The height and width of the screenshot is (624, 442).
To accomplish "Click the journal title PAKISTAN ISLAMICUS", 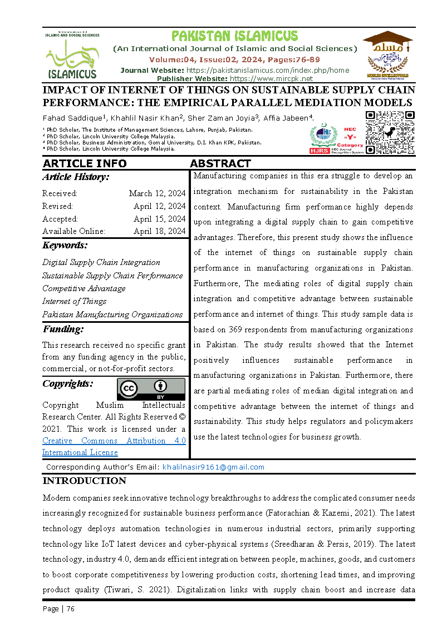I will [x=234, y=36].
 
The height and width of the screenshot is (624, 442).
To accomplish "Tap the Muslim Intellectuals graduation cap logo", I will [x=387, y=54].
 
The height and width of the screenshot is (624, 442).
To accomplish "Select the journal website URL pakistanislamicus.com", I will [x=267, y=70].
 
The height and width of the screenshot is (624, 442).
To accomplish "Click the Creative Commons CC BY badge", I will [x=151, y=389].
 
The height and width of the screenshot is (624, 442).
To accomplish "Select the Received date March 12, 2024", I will [x=157, y=193].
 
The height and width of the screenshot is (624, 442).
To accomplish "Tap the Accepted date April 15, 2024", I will [x=159, y=219].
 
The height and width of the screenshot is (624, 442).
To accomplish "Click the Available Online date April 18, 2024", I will [x=159, y=231].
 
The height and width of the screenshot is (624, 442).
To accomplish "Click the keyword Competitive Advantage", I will [x=84, y=288].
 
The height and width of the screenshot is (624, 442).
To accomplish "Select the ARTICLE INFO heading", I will [x=85, y=163].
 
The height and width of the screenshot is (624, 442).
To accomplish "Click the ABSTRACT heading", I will [x=220, y=163].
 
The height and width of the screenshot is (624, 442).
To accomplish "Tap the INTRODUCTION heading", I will [x=85, y=481].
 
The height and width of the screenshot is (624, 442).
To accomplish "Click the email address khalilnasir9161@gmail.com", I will [x=213, y=467].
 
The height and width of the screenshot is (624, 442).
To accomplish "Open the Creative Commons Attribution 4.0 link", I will [x=114, y=446].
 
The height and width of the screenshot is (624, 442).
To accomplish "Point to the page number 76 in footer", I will [x=70, y=608].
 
